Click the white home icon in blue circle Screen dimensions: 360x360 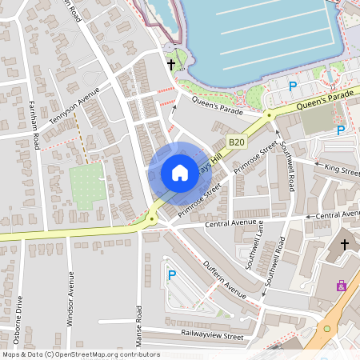pos(179,173)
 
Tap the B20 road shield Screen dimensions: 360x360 pos(235,142)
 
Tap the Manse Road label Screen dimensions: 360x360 pos(138,323)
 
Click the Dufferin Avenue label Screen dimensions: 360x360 pos(225,279)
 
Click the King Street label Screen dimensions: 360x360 pos(342,169)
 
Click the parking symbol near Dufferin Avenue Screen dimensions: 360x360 pos(171,275)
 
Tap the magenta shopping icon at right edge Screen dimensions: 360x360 pos(342,285)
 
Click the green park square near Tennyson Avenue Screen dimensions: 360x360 pos(86,186)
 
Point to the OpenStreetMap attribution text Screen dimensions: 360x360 pos(70,354)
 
